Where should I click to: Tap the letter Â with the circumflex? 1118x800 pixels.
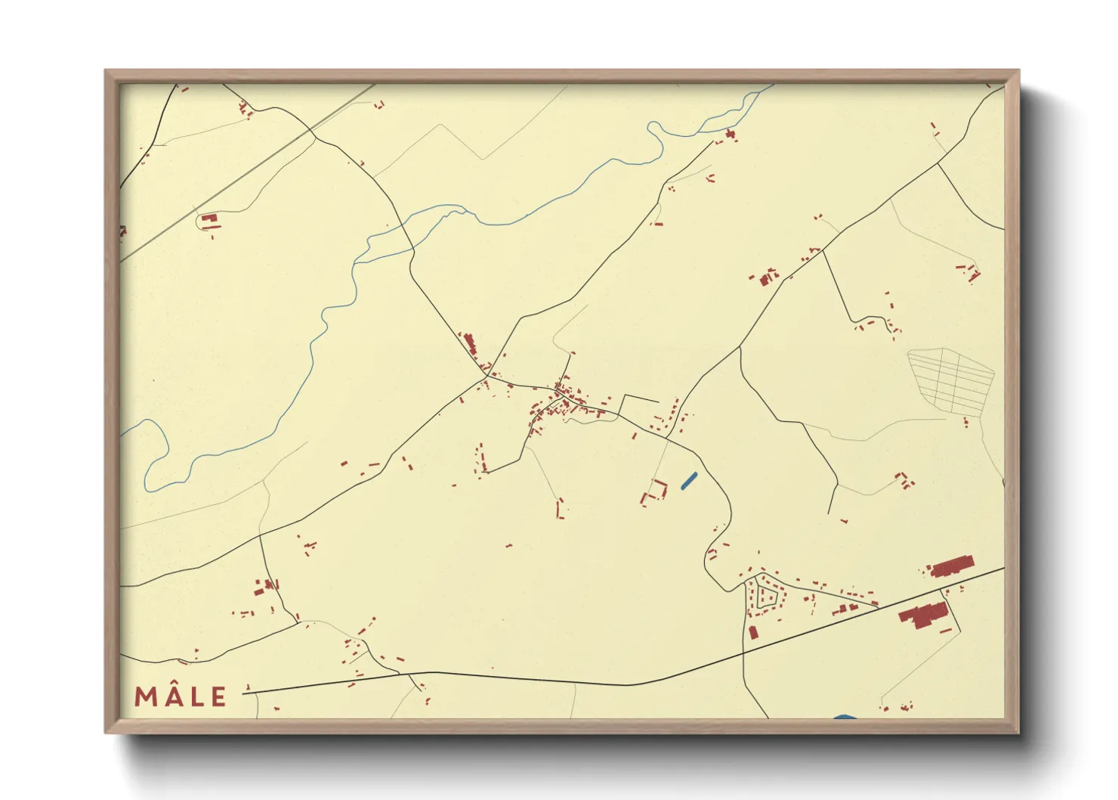[x=171, y=696]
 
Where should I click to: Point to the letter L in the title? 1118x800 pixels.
[x=196, y=696]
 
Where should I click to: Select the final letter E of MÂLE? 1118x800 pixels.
[x=218, y=696]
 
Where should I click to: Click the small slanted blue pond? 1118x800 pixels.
[x=688, y=480]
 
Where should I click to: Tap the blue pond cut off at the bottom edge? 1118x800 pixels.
[x=845, y=717]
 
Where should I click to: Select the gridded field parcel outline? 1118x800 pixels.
[x=951, y=380]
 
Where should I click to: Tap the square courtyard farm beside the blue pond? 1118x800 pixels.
[x=655, y=491]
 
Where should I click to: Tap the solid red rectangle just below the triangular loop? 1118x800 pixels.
[x=752, y=631]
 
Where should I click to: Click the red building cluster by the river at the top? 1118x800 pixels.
[x=730, y=135]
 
